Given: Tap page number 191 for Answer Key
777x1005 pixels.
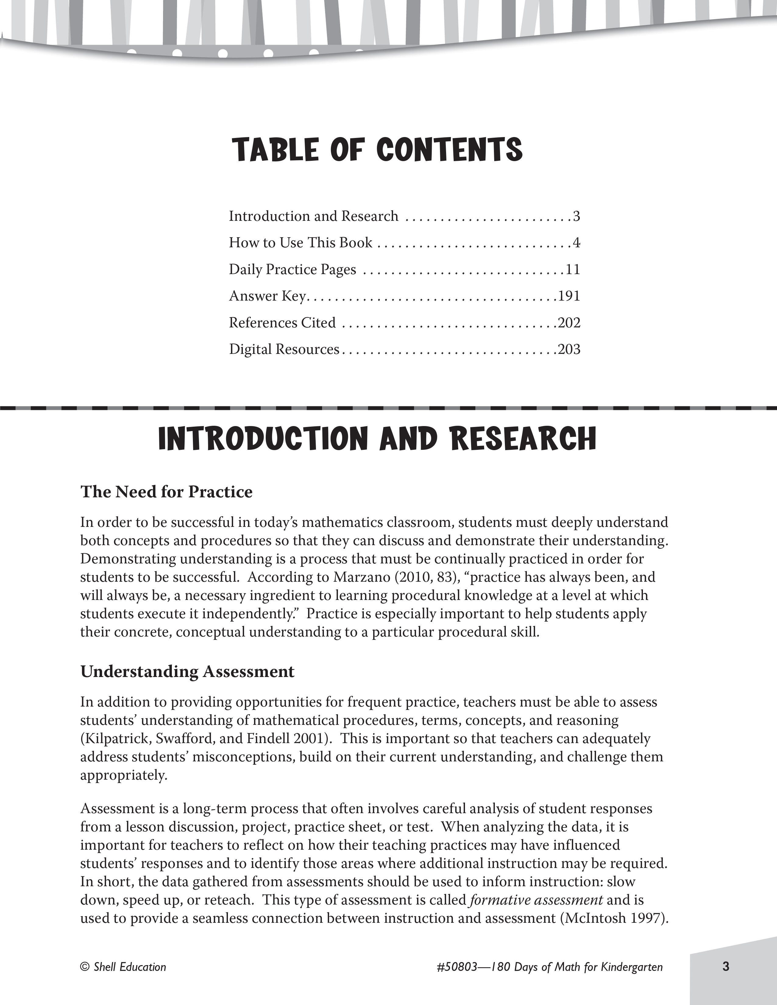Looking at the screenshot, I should click(569, 296).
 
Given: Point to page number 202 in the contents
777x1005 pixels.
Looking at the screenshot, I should click(569, 323).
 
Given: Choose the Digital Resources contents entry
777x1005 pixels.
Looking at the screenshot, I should click(284, 349).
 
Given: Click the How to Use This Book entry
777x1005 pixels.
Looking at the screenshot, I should click(300, 242).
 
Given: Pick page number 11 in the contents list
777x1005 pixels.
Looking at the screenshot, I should click(573, 269).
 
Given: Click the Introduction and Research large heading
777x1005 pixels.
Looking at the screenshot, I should click(377, 439).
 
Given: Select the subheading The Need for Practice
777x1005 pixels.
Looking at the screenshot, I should click(167, 492).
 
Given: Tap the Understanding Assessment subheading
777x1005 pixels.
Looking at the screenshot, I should click(187, 672).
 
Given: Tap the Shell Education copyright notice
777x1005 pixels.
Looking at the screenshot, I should click(123, 967).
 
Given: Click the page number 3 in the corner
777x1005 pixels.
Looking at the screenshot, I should click(726, 966).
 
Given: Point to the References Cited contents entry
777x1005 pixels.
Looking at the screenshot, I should click(282, 323).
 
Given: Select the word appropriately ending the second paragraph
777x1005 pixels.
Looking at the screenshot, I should click(123, 775).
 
